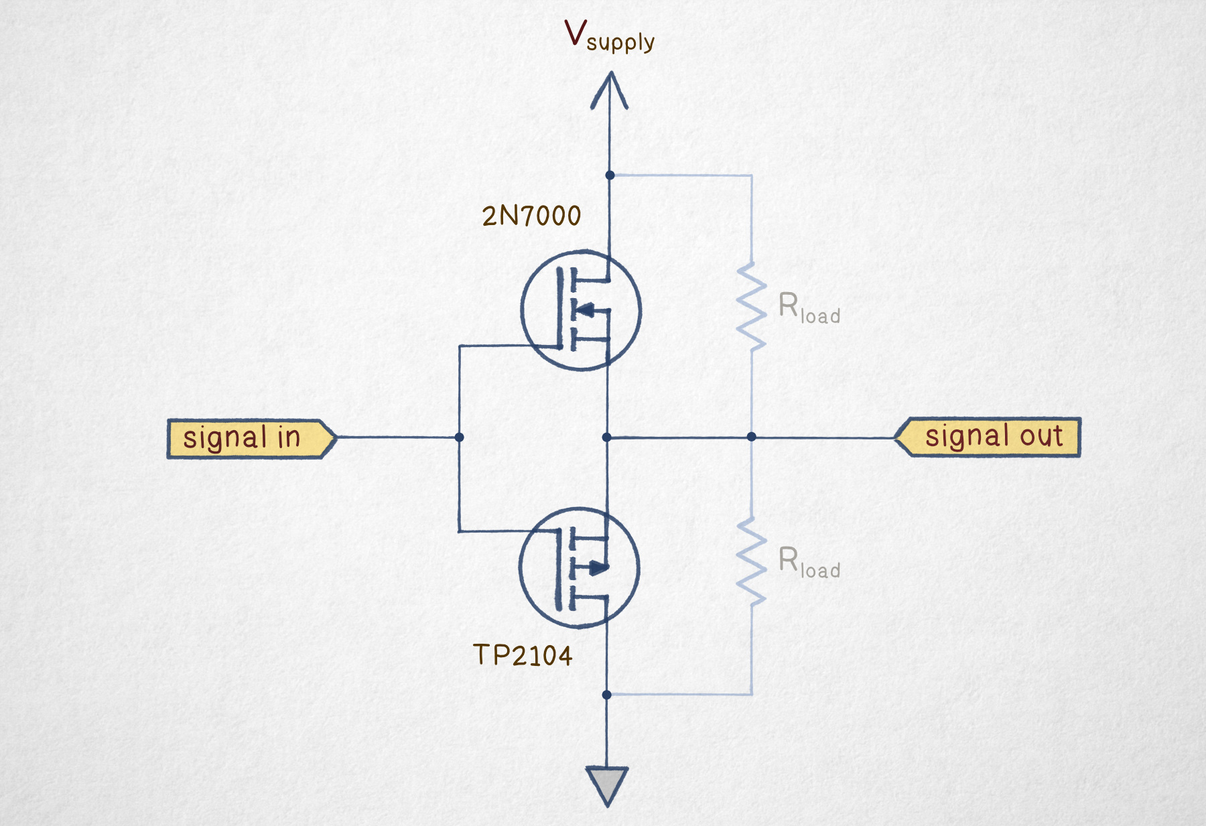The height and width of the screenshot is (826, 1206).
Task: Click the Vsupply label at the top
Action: [x=609, y=36]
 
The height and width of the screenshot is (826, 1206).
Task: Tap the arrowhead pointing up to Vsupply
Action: [x=609, y=90]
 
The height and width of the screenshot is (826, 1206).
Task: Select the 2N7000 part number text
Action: [x=531, y=216]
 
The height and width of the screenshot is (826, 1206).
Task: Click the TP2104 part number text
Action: [x=523, y=655]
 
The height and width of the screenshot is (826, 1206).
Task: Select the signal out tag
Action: [x=988, y=437]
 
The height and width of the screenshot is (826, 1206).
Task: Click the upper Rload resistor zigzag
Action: [x=751, y=306]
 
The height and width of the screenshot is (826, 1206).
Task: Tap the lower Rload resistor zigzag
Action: [x=751, y=561]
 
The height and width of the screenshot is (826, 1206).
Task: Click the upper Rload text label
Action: [x=809, y=308]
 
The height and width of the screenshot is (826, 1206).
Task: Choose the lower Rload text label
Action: [x=809, y=563]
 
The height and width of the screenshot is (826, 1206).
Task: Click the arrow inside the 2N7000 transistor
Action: [x=585, y=310]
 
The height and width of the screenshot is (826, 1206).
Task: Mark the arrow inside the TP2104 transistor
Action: [x=597, y=569]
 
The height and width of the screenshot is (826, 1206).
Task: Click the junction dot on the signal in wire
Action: [x=459, y=437]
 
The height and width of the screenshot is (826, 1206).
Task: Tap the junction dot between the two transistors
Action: [x=606, y=437]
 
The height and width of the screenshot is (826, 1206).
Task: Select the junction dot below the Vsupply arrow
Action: [x=610, y=175]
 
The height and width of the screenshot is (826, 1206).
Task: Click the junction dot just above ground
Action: [x=606, y=695]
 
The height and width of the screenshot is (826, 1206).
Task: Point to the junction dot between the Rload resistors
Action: [x=751, y=437]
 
